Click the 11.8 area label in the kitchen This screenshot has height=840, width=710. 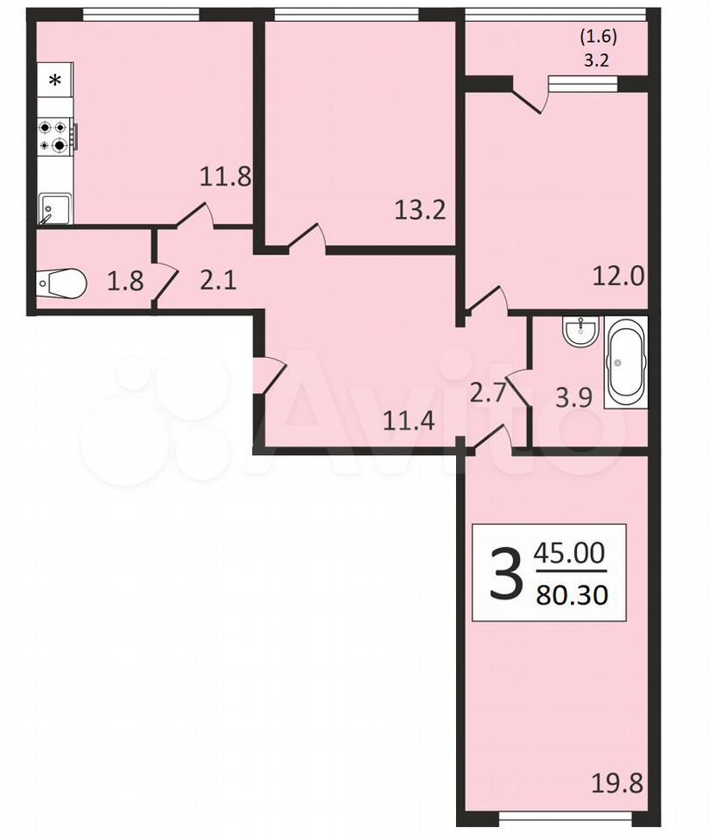(x=225, y=176)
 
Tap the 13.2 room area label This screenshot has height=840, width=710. (x=420, y=210)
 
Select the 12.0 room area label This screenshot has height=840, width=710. (x=618, y=277)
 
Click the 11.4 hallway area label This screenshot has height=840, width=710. (x=409, y=421)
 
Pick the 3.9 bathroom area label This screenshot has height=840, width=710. (x=573, y=398)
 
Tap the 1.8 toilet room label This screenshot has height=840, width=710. (x=125, y=281)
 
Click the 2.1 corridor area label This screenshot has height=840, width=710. (x=218, y=281)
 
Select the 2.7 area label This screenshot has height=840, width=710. (x=488, y=393)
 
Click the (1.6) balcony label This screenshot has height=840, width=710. (x=598, y=37)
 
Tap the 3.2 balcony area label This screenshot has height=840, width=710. (x=596, y=60)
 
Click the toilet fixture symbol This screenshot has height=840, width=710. (x=61, y=283)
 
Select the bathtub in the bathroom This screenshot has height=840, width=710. (x=625, y=362)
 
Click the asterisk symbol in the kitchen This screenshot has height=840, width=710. (x=54, y=80)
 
